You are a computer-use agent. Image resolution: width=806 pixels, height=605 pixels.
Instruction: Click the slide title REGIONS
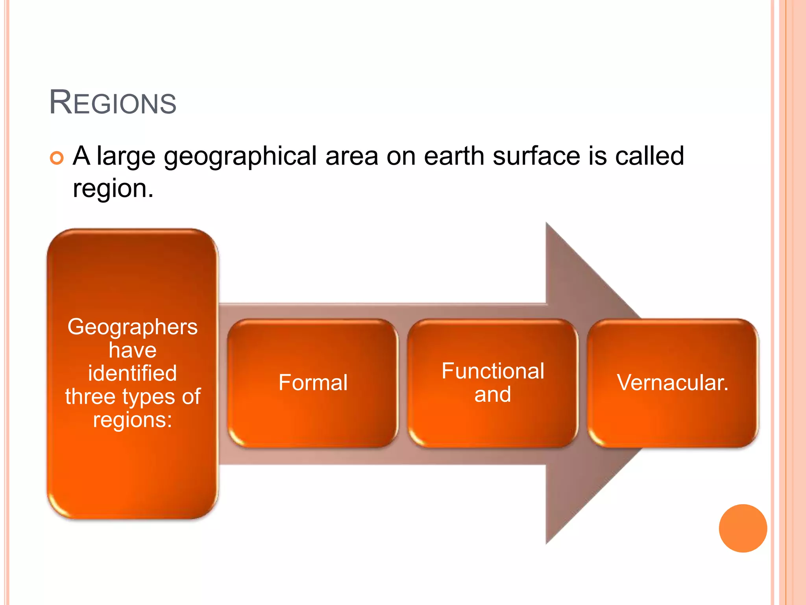[113, 103]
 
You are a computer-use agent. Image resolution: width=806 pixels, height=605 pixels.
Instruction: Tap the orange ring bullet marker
[57, 158]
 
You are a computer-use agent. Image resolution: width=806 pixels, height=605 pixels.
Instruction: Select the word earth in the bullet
[454, 156]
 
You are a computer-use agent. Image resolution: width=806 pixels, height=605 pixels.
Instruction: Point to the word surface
[536, 156]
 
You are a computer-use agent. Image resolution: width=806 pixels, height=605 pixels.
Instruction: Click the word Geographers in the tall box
[133, 327]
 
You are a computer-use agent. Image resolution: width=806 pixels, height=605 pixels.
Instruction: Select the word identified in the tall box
[133, 373]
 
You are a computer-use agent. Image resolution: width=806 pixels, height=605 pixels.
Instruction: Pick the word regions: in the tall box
[133, 419]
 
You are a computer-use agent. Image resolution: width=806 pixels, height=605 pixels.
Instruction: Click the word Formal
[313, 382]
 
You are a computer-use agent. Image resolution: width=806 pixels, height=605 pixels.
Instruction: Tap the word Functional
[493, 371]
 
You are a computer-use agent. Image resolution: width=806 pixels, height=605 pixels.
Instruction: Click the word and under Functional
[493, 394]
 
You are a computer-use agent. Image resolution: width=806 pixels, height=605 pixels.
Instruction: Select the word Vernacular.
[673, 382]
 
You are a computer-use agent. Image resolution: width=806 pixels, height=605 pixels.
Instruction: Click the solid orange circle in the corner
[743, 528]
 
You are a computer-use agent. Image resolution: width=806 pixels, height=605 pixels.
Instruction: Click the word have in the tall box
[133, 350]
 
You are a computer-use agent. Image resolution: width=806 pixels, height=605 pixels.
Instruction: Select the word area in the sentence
[351, 156]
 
